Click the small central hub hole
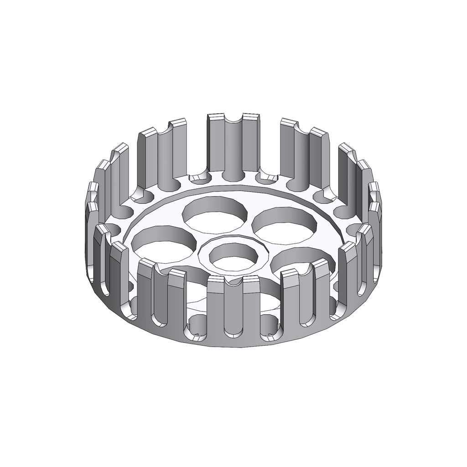pos(233,258)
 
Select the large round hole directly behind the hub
pos(214,213)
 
